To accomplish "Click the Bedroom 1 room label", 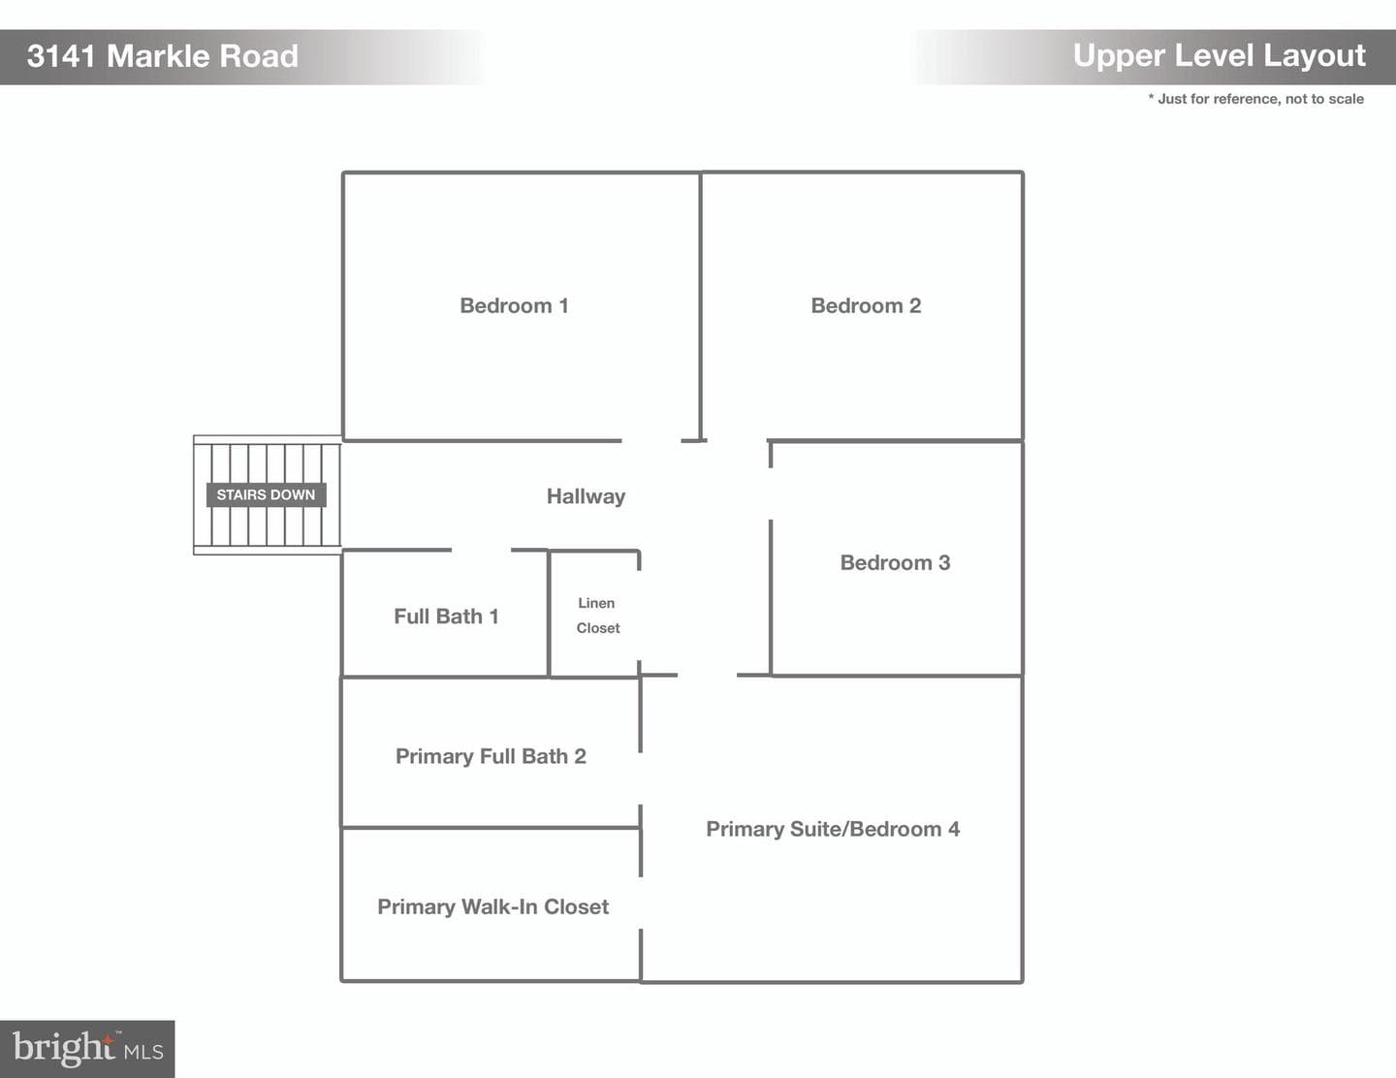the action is tap(514, 305).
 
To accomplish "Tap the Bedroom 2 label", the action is tap(866, 305).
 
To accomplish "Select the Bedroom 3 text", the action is tap(895, 563).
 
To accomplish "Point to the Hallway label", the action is tap(586, 496).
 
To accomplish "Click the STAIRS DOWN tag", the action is tap(266, 494).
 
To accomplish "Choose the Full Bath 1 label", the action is tap(446, 617).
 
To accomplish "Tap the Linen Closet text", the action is tap(597, 616).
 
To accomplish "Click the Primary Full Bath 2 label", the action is tap(491, 756).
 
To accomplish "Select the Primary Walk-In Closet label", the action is tap(492, 906).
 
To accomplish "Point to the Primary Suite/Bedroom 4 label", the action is tap(833, 829).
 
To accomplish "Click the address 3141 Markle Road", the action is tap(163, 56).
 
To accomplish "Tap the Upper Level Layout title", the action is tap(1220, 56).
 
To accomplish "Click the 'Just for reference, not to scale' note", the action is tap(1256, 99).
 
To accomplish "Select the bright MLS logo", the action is tap(87, 1049).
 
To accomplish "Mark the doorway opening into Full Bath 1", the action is tap(481, 550).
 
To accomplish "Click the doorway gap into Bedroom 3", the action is tap(771, 494).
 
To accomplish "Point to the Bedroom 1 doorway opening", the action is tap(651, 441).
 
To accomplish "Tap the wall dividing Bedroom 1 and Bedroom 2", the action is tap(700, 306).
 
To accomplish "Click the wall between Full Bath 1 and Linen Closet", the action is tap(549, 614).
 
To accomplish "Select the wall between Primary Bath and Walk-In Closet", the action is tap(491, 828).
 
